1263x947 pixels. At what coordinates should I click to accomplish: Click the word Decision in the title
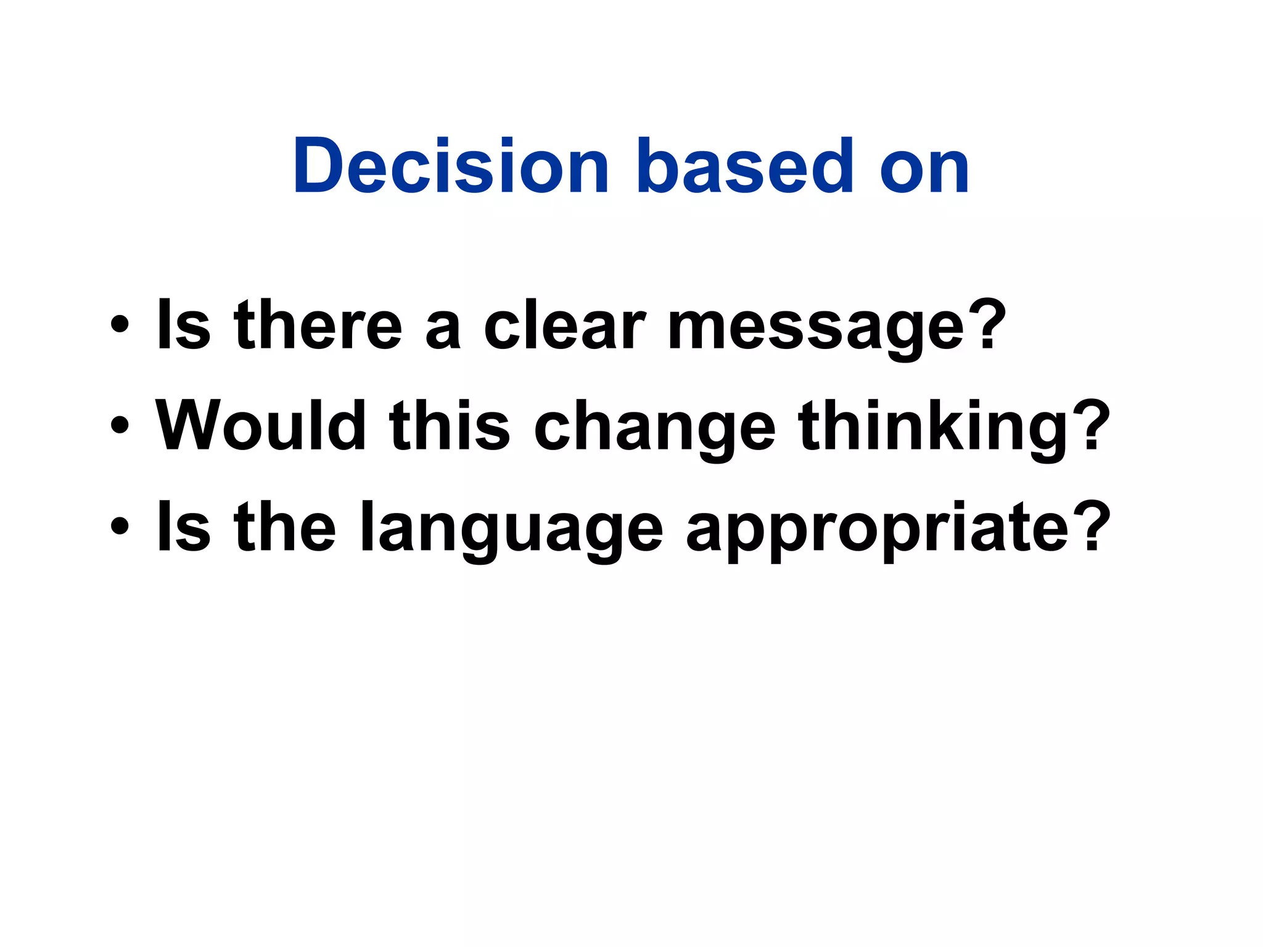pos(451,165)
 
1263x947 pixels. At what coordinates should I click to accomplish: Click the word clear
pos(565,325)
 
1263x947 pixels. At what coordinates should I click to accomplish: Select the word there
pos(318,325)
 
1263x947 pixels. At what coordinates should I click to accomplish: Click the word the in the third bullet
pos(285,526)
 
